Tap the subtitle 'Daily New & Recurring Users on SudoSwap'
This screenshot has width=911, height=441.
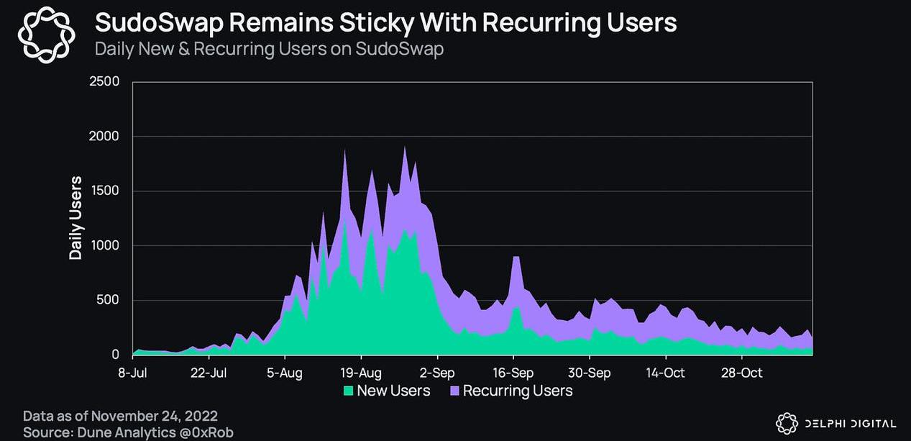[x=270, y=50]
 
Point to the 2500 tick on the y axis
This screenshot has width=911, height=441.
[x=105, y=81]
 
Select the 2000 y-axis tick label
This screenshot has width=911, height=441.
[x=105, y=136]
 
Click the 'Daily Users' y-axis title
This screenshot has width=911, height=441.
[x=75, y=218]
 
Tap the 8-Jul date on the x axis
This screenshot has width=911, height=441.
[x=132, y=373]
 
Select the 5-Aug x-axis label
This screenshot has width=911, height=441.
[x=285, y=373]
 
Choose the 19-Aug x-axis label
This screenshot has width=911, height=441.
[x=361, y=373]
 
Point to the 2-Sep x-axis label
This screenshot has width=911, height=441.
[x=437, y=373]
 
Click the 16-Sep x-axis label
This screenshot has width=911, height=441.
[x=513, y=373]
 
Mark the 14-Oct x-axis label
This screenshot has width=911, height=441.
[x=666, y=373]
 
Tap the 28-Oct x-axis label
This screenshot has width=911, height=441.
[x=742, y=373]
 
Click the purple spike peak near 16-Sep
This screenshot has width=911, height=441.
[x=516, y=258]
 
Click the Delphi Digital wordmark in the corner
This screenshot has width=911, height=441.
[x=851, y=423]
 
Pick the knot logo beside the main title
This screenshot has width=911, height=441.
[x=45, y=34]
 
